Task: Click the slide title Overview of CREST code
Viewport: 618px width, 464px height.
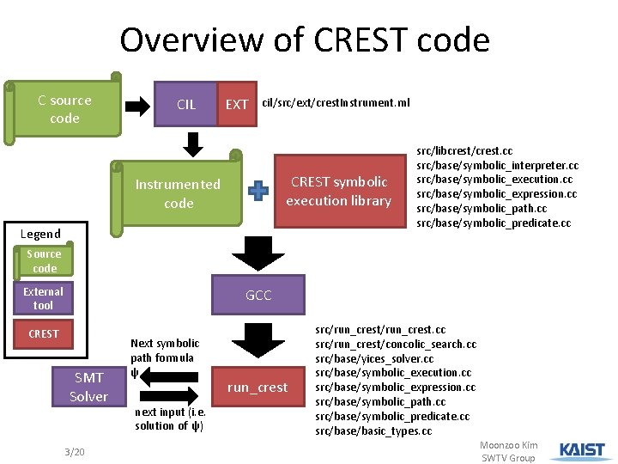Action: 305,40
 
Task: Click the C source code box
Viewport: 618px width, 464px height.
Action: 64,109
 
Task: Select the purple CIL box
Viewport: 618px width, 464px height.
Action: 185,105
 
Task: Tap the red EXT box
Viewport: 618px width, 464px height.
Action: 236,105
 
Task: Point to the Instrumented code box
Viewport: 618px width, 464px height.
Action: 178,193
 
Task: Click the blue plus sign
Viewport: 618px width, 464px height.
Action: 258,192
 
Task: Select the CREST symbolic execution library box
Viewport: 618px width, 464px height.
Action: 338,192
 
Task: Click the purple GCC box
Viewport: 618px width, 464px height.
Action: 258,295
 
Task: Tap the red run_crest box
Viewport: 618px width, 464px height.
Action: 257,388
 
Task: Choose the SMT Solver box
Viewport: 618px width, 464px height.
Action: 89,387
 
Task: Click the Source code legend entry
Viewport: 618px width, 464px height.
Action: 44,261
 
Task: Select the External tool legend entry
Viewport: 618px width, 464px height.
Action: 44,298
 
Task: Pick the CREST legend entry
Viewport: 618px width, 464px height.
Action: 44,333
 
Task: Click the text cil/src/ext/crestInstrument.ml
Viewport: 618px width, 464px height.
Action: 336,103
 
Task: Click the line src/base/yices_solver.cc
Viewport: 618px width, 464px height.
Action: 373,358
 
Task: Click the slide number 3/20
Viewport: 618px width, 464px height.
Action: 73,453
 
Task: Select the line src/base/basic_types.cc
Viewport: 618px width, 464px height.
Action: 373,430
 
